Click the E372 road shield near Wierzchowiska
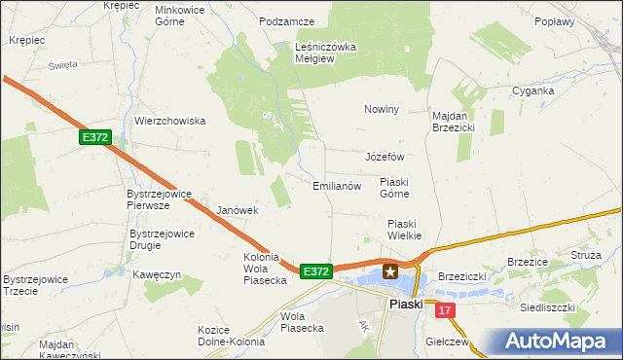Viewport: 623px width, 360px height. click(x=95, y=138)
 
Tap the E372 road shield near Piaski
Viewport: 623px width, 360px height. click(x=316, y=271)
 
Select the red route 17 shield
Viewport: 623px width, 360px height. click(x=446, y=310)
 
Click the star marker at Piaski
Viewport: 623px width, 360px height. click(x=390, y=272)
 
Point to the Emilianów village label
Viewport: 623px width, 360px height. click(x=337, y=186)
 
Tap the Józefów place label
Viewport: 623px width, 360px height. click(x=384, y=157)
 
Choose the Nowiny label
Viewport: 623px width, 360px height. click(x=383, y=109)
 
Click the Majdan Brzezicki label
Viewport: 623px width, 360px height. click(x=453, y=121)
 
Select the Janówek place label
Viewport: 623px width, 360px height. click(x=238, y=210)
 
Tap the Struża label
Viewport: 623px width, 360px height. click(x=586, y=254)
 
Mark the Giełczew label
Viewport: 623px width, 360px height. click(x=449, y=342)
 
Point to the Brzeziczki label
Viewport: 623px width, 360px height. click(x=462, y=276)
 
